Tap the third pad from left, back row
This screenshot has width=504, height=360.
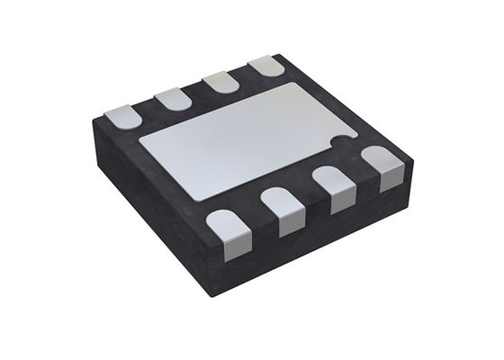coord(219,83)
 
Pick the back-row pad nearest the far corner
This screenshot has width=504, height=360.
coord(265,67)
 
